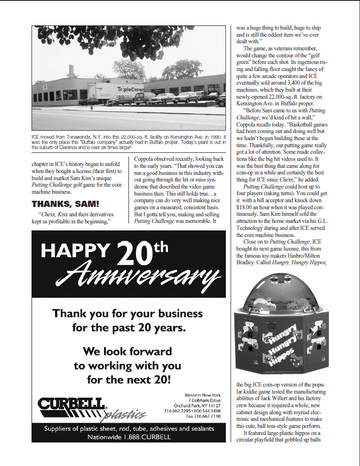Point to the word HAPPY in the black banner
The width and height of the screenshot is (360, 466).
(x=75, y=251)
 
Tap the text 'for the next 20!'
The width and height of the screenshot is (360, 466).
(x=128, y=379)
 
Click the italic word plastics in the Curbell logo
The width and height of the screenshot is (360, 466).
(x=125, y=414)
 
